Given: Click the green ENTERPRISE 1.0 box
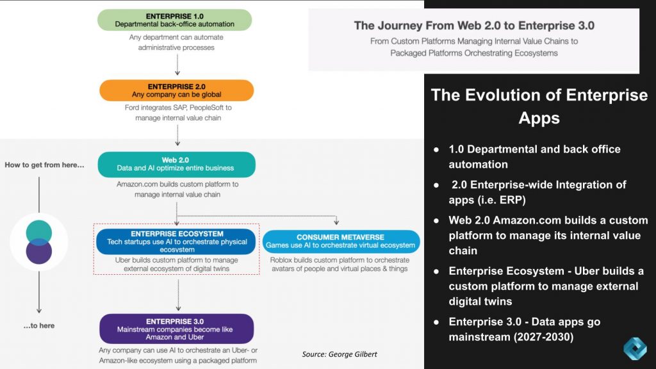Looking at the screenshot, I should tap(175, 20).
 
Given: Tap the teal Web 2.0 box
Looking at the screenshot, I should tap(176, 165).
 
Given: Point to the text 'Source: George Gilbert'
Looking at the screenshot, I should tap(340, 354).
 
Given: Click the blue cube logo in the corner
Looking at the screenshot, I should tap(635, 349).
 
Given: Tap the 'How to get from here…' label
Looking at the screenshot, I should tap(44, 165).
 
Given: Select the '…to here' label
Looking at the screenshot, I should tap(39, 325).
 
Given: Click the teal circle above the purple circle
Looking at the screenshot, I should tap(39, 231).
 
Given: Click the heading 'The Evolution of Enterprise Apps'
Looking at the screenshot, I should tap(539, 106).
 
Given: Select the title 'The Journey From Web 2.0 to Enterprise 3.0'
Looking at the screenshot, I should tap(474, 26).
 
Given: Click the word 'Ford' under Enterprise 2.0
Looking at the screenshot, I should tap(133, 108).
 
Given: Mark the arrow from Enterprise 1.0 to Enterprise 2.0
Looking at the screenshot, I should tap(177, 65).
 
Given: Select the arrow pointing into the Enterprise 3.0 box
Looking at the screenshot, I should tap(177, 296).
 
